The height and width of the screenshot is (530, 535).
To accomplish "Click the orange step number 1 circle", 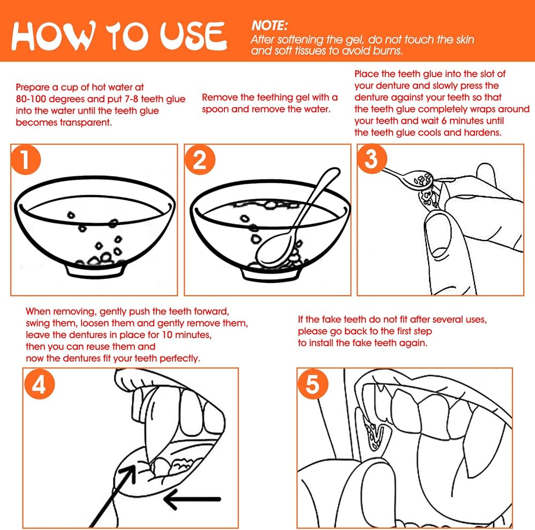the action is [x=26, y=160].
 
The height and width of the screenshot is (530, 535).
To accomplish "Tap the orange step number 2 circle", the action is [x=200, y=160].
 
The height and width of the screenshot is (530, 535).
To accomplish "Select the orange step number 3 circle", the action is [x=372, y=159].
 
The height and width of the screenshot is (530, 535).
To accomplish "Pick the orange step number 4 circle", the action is [x=40, y=384].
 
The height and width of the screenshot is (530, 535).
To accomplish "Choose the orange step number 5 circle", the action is [x=312, y=384].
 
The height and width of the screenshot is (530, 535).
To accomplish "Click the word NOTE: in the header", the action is [x=270, y=26].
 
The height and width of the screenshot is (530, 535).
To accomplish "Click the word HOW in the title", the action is [x=53, y=35].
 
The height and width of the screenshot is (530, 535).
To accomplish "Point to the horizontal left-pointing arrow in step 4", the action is [x=193, y=499].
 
